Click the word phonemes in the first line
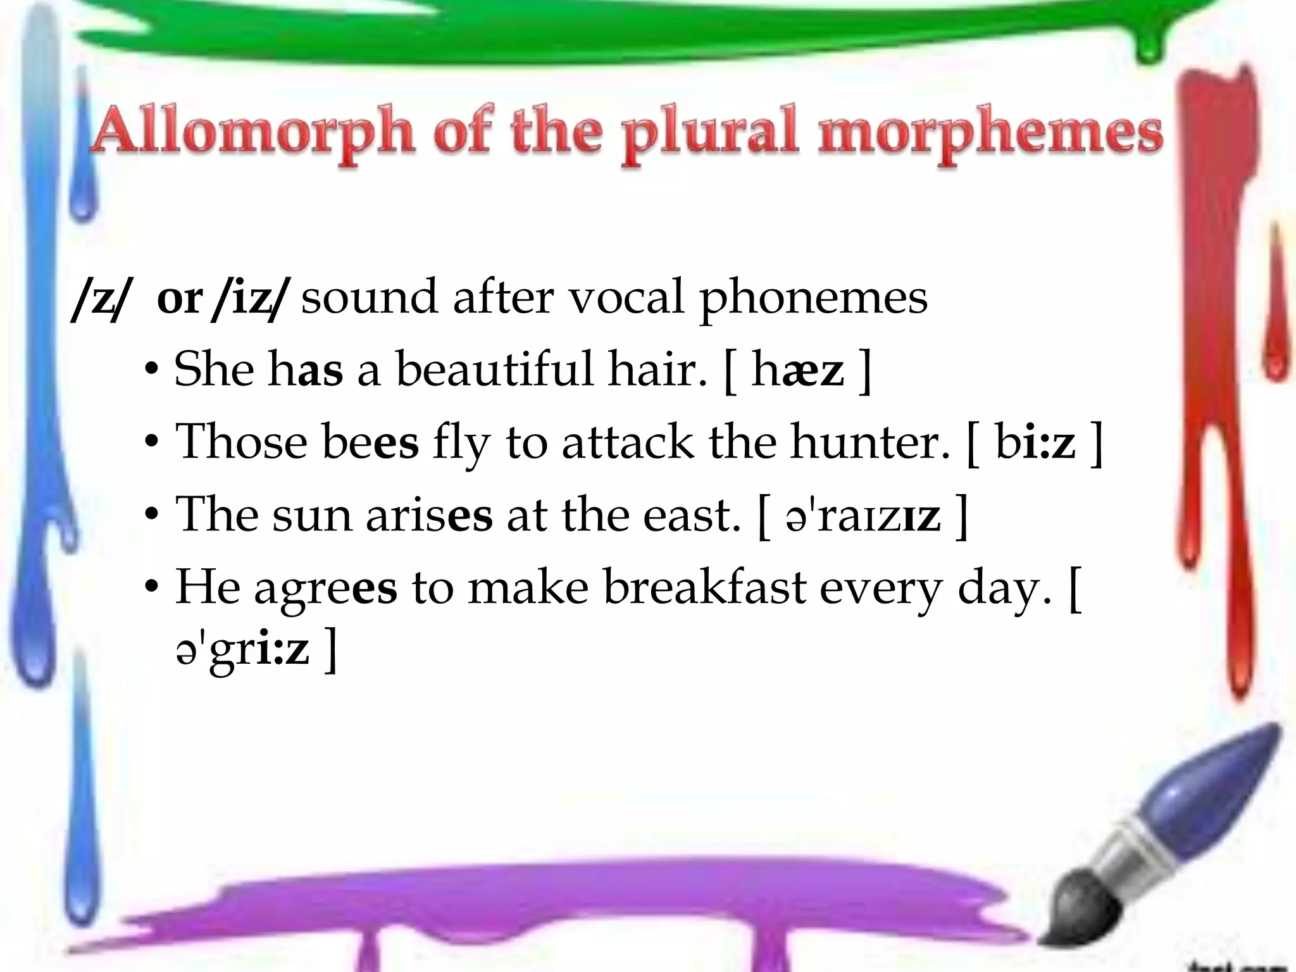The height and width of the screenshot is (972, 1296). click(x=813, y=297)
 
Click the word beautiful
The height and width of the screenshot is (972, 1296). click(x=495, y=369)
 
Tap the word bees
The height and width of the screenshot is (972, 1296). click(x=371, y=441)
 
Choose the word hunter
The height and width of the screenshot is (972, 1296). click(x=870, y=441)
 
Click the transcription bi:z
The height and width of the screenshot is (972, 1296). click(x=1035, y=442)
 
